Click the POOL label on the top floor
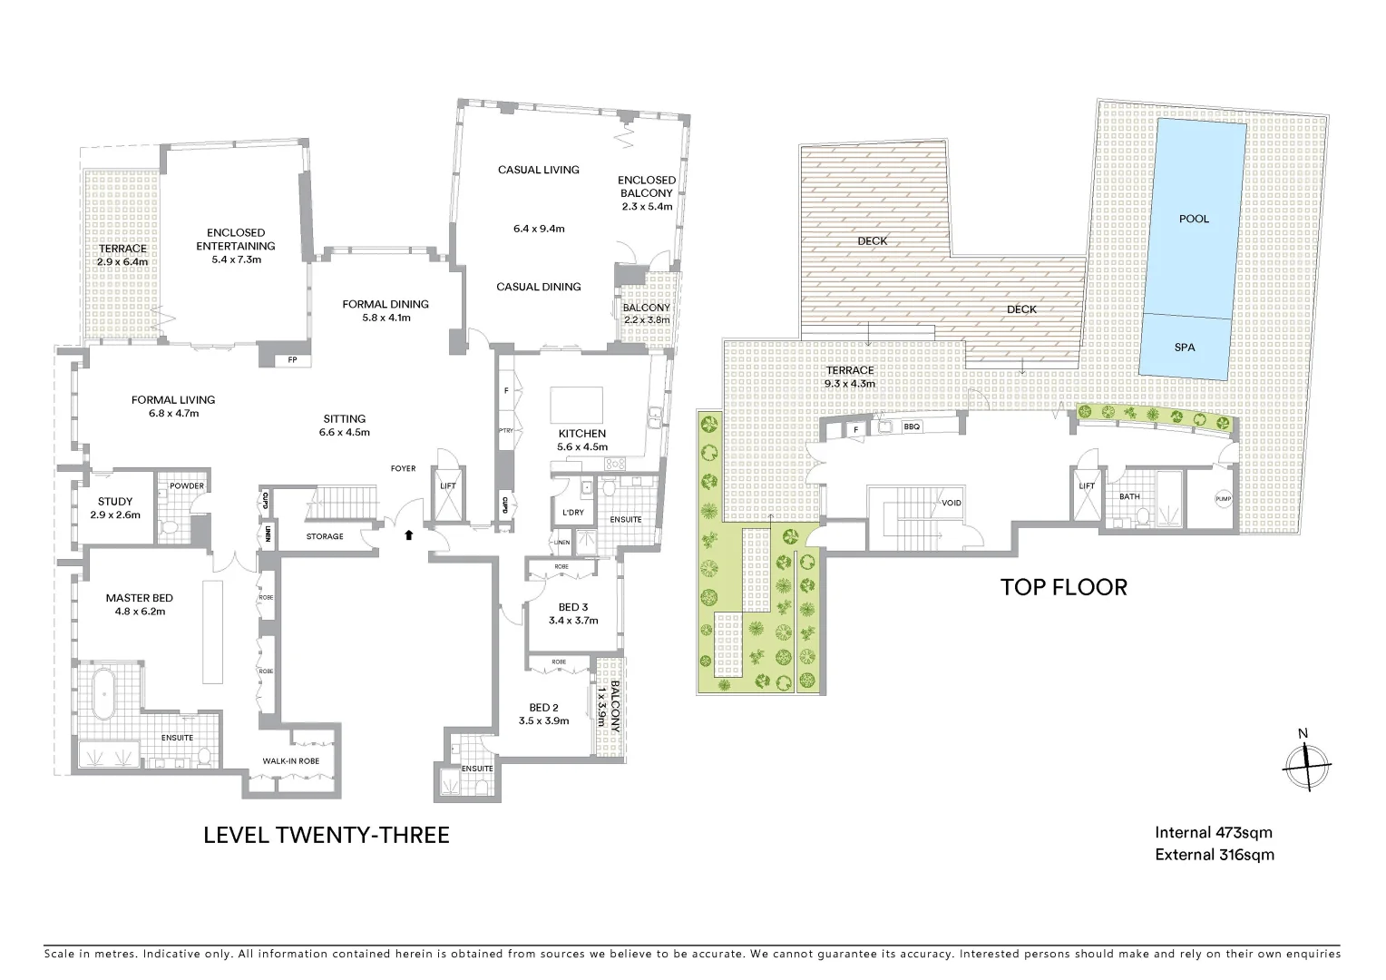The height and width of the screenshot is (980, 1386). (1194, 219)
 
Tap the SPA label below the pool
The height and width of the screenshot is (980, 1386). (1185, 348)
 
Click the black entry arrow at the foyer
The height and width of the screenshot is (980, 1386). (409, 535)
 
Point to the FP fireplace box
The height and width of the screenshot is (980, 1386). (292, 360)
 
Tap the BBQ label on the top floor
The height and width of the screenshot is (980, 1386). (912, 426)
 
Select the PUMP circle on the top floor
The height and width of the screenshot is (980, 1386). (1223, 500)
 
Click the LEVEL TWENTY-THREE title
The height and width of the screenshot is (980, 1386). (327, 835)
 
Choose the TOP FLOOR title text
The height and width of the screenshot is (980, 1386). (1063, 587)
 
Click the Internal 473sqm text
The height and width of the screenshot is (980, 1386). (1214, 832)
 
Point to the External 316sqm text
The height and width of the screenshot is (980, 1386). (1214, 855)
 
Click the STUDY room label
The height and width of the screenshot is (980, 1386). (115, 502)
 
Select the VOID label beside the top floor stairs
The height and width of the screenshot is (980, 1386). (952, 503)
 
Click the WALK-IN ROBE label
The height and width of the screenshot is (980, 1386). (290, 760)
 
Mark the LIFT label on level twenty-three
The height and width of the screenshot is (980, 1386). (448, 485)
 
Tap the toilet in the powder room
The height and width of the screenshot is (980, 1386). (169, 525)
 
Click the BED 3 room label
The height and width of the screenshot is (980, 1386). (572, 607)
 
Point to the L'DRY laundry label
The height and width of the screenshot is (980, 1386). (572, 513)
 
